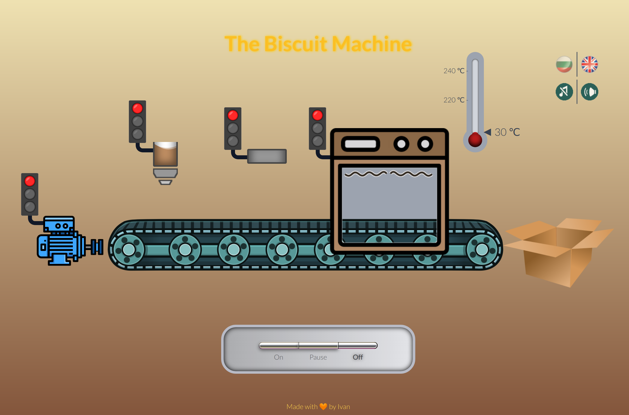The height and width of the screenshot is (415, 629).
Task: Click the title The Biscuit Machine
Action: (318, 44)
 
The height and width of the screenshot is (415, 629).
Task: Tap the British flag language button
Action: (589, 64)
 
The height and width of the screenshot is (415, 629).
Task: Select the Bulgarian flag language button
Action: (564, 64)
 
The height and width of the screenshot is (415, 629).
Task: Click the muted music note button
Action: (564, 92)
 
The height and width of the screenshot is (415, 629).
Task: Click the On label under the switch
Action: (278, 357)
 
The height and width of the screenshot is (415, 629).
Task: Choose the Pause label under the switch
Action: (318, 357)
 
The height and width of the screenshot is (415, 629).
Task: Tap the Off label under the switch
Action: (358, 357)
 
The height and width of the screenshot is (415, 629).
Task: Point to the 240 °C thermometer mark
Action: (454, 71)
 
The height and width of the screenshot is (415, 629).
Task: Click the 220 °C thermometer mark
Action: (454, 100)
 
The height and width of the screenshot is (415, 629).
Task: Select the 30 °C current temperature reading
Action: (507, 132)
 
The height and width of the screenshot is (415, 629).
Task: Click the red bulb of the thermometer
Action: (475, 140)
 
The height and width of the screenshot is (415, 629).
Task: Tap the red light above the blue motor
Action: (30, 181)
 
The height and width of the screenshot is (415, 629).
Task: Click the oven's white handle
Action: (360, 144)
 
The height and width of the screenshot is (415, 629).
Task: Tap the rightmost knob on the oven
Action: (425, 144)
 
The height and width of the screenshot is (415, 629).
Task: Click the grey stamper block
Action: (267, 156)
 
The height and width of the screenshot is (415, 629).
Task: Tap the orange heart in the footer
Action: (323, 407)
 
